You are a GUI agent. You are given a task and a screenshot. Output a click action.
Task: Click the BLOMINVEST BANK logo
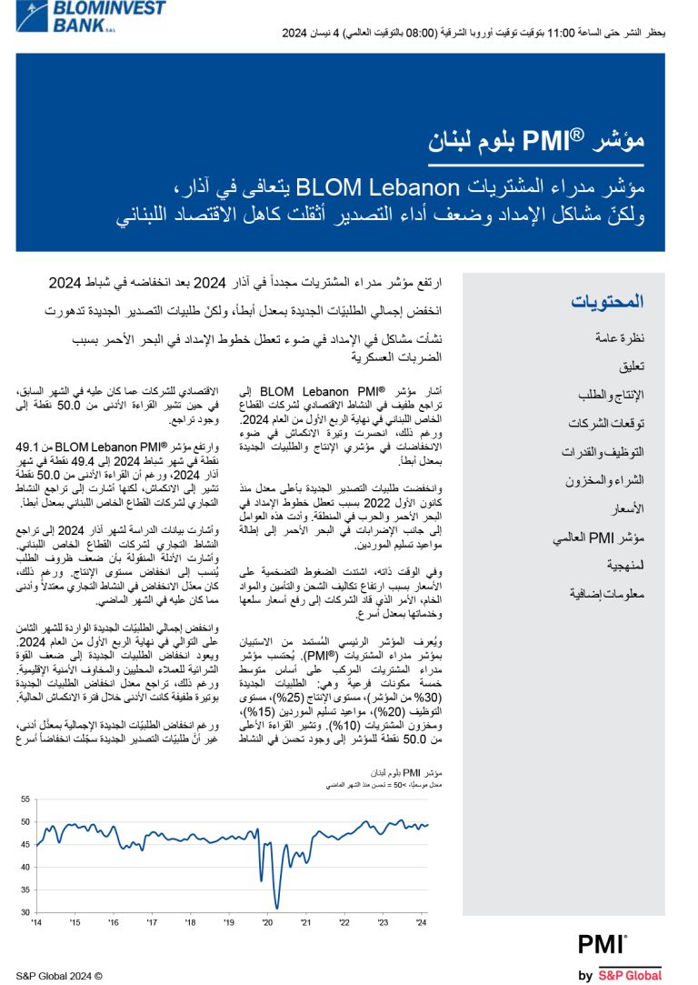coord(87,15)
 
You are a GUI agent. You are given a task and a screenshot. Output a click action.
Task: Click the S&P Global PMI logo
coord(620,957)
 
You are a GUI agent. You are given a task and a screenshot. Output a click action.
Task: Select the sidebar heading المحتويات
coord(607,302)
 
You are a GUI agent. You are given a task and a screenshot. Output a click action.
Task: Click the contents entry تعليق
coord(631,367)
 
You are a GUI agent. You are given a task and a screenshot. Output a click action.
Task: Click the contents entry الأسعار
coord(625,508)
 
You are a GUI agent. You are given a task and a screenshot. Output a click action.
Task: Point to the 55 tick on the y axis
coord(25,799)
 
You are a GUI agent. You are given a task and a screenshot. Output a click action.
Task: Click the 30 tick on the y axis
coord(25,912)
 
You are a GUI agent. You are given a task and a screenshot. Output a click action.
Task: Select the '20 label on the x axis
coord(267,923)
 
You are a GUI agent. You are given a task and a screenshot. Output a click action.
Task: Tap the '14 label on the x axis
coord(36,923)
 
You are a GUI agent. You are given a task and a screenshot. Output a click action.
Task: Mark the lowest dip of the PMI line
coord(277,907)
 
